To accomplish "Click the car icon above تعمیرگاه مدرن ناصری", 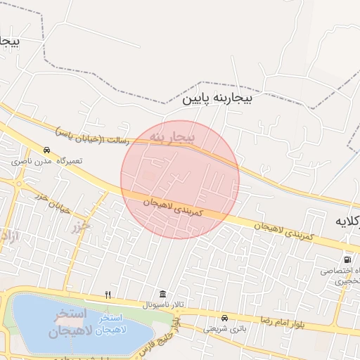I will [46, 150].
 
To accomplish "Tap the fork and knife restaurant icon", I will [108, 295].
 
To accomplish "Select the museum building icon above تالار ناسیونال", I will [163, 294].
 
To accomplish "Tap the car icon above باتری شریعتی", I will [224, 318].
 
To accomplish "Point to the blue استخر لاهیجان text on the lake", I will [111, 324].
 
